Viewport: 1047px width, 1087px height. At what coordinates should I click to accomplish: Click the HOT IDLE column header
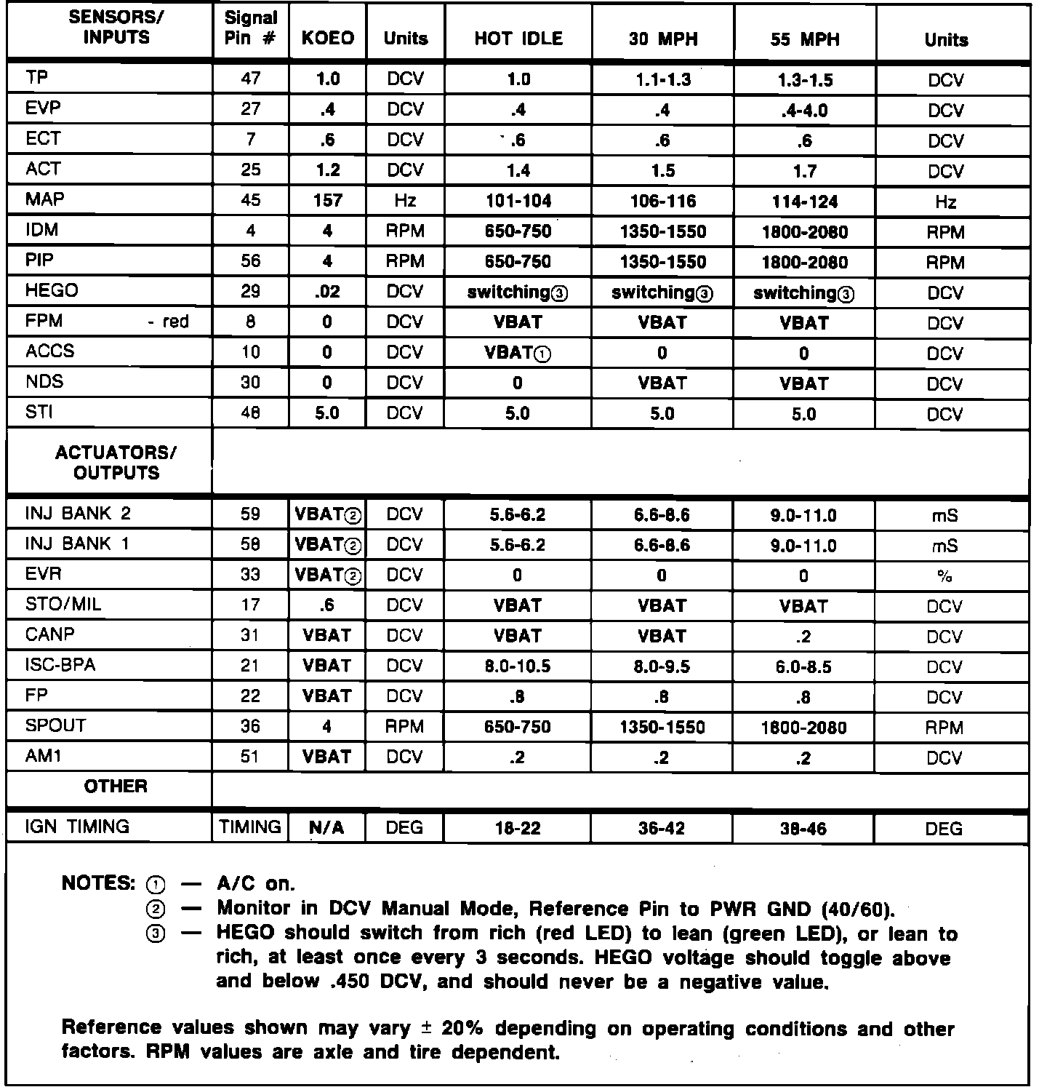tap(518, 39)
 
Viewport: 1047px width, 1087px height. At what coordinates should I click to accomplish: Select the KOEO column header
tap(327, 39)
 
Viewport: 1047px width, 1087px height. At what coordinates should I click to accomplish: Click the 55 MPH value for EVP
tap(803, 111)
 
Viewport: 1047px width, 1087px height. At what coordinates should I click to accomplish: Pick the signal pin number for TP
tap(250, 79)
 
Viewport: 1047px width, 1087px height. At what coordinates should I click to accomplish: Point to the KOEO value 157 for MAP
tap(327, 201)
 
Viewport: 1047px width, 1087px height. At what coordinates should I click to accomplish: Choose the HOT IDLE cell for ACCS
tap(518, 353)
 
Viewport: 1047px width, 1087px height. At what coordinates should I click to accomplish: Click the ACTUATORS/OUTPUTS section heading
tap(116, 463)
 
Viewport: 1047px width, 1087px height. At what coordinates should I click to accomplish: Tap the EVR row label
tap(44, 574)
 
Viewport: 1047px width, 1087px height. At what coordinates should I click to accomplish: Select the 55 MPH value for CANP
tap(803, 637)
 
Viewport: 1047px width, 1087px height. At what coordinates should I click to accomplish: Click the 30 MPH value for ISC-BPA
tap(662, 666)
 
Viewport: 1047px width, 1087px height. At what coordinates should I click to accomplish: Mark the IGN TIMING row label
tap(77, 827)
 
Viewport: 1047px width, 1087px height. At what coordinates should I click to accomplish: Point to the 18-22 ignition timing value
tap(518, 828)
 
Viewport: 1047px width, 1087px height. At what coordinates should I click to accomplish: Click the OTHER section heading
tap(116, 787)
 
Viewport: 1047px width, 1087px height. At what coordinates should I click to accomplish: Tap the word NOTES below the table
tap(98, 883)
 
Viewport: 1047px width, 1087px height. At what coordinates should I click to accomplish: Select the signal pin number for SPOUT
tap(250, 727)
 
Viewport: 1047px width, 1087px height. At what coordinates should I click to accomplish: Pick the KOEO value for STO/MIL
tap(327, 605)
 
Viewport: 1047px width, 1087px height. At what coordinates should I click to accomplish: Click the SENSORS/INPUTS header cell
tap(116, 28)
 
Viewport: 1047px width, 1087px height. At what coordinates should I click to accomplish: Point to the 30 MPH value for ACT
tap(662, 171)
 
